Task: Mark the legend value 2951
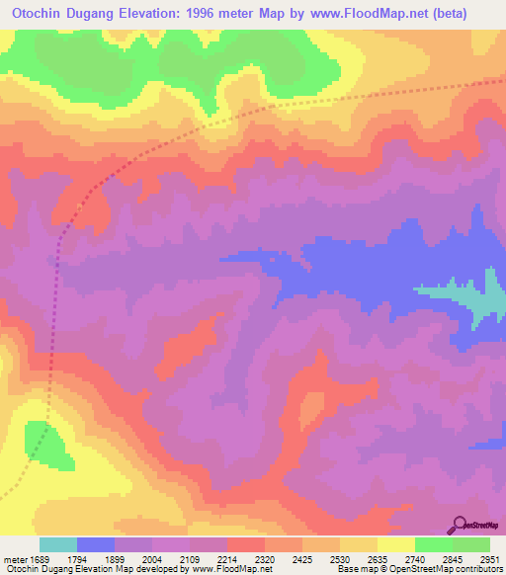[x=490, y=558]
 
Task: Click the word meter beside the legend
[x=14, y=558]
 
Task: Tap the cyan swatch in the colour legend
[x=58, y=544]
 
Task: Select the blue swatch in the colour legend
[x=96, y=544]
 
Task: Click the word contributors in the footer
[x=478, y=569]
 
